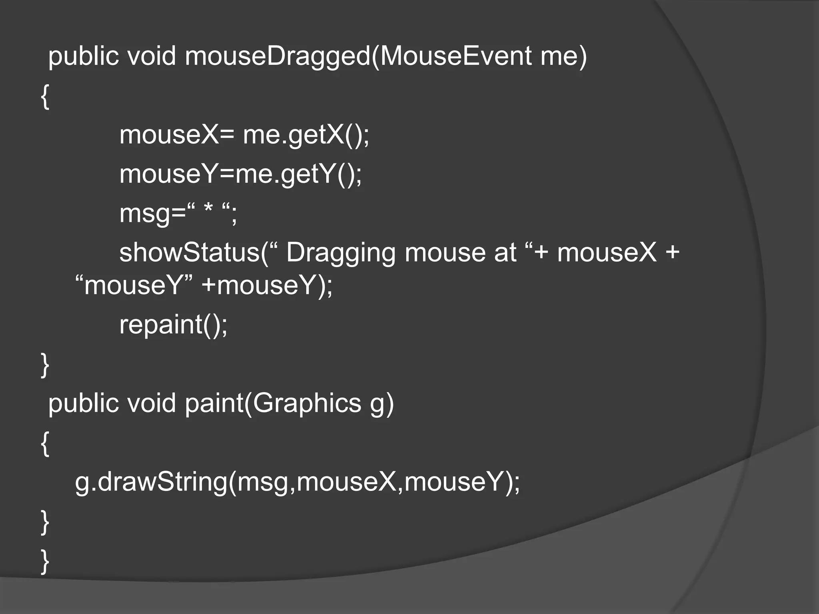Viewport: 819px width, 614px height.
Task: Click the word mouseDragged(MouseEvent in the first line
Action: point(358,56)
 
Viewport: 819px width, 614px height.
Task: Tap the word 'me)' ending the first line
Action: point(563,56)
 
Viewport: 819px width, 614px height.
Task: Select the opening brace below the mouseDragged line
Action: point(45,97)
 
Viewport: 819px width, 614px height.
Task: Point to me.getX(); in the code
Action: point(306,135)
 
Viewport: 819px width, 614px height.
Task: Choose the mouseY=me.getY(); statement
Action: point(240,174)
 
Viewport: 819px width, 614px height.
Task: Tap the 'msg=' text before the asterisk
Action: point(152,213)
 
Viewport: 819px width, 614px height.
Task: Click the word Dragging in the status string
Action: point(340,253)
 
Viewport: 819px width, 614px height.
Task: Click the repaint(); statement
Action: point(173,324)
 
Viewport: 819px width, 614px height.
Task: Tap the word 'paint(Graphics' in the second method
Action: point(273,403)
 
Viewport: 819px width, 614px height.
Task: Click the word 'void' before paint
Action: point(152,403)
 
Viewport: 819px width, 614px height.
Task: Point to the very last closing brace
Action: point(45,561)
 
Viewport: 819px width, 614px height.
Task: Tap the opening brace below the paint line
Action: point(45,444)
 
